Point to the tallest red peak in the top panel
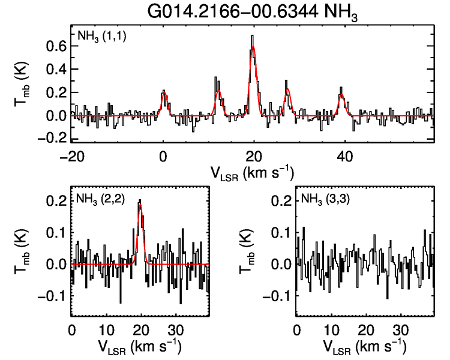pyautogui.click(x=253, y=47)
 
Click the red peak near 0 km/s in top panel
pyautogui.click(x=164, y=93)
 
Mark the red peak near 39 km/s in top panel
pyautogui.click(x=341, y=95)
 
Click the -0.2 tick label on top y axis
pyautogui.click(x=53, y=137)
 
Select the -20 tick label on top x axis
pyautogui.click(x=72, y=156)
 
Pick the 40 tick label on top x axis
pyautogui.click(x=344, y=156)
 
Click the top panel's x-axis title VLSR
pyautogui.click(x=252, y=173)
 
